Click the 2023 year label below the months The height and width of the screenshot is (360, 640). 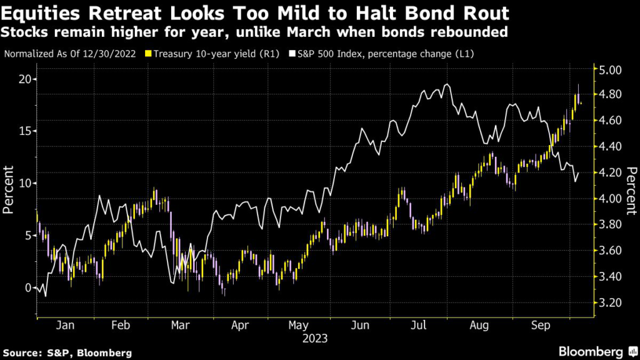click(x=314, y=338)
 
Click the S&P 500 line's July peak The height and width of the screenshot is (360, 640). click(x=446, y=84)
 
